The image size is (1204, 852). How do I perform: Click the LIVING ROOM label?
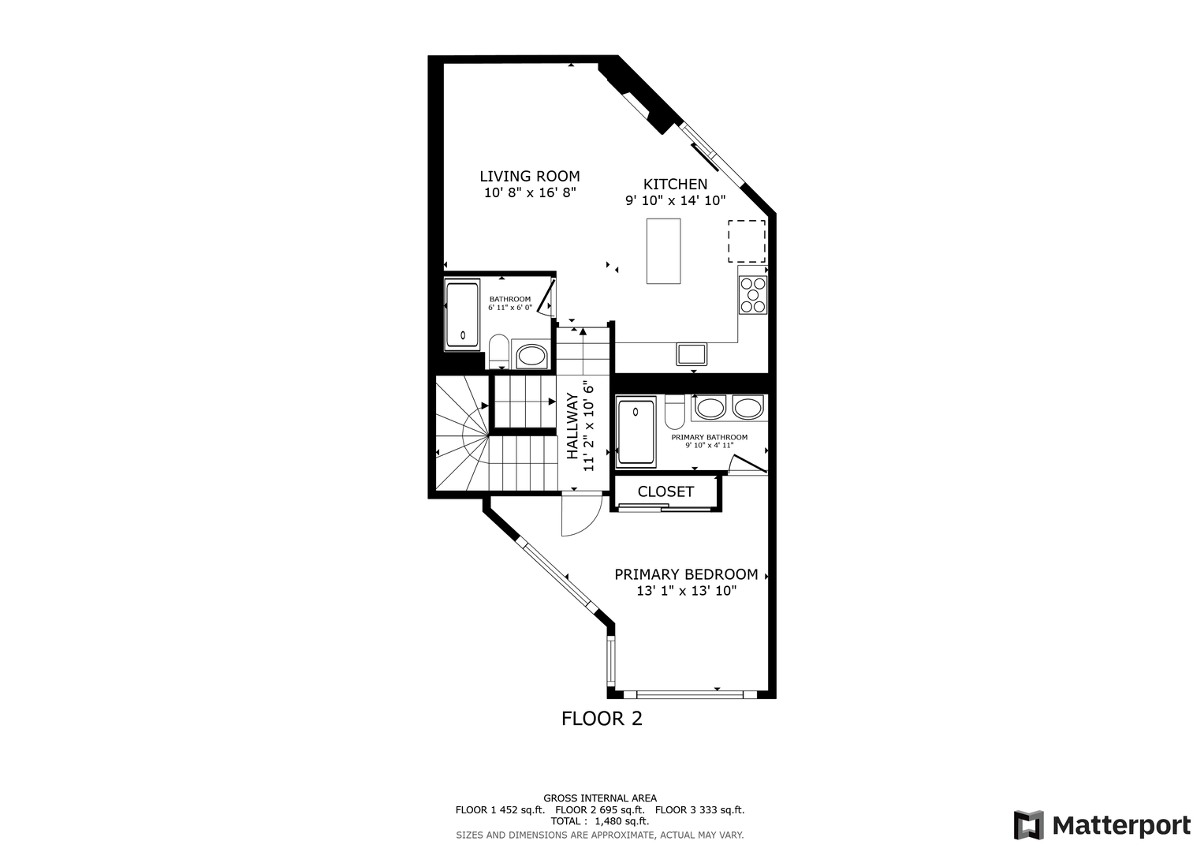(x=529, y=177)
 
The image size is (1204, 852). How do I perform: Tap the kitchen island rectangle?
(x=663, y=251)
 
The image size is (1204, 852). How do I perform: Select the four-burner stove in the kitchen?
(x=752, y=295)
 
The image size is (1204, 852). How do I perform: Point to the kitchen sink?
(x=691, y=354)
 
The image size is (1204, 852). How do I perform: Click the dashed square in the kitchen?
(x=747, y=241)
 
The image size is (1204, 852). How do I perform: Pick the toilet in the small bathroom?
(x=499, y=352)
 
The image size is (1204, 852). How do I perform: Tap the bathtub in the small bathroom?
(x=463, y=315)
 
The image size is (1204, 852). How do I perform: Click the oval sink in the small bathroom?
(x=531, y=356)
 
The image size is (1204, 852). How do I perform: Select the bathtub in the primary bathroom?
(x=636, y=432)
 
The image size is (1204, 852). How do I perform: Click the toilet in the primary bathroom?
(x=674, y=412)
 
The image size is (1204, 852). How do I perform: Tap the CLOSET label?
(x=665, y=491)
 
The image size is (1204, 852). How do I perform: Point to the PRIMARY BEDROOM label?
(x=687, y=574)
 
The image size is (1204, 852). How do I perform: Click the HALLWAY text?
(x=572, y=426)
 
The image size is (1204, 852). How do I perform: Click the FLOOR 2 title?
(x=602, y=719)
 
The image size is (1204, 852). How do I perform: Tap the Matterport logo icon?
(x=1029, y=825)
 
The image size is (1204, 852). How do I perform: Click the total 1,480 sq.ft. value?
(x=622, y=821)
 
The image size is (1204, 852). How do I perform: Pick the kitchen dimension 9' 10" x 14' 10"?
(x=675, y=200)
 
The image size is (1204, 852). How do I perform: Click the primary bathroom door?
(x=748, y=464)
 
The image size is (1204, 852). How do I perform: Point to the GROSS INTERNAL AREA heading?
(x=600, y=798)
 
